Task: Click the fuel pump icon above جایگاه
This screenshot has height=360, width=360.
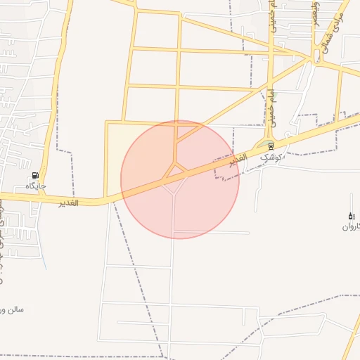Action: [x=34, y=175]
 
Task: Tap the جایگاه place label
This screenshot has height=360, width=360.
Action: [x=36, y=186]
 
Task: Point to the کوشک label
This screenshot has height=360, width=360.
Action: [x=274, y=157]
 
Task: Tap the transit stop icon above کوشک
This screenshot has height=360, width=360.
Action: [x=271, y=146]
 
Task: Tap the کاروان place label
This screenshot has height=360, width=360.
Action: [x=351, y=226]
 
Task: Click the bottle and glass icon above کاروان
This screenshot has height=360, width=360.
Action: [x=351, y=215]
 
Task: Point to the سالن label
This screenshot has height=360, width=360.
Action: [x=13, y=309]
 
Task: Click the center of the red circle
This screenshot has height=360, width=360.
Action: [x=180, y=179]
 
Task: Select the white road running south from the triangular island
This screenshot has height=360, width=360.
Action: [x=173, y=218]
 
